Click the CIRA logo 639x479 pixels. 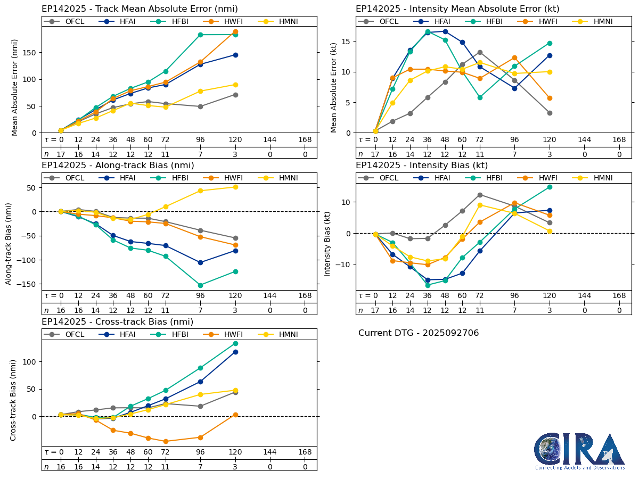[579, 451]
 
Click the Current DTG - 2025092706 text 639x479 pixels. [419, 333]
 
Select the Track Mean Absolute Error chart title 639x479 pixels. [140, 9]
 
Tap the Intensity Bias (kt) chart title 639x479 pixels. [422, 166]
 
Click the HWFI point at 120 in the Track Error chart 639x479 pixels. [235, 32]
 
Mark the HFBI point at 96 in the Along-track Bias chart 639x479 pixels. [200, 285]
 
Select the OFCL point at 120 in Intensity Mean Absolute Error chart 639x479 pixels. [550, 113]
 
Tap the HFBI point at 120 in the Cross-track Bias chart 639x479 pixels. [235, 343]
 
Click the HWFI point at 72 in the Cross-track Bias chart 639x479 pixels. [166, 441]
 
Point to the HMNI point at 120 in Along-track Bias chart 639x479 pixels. [235, 187]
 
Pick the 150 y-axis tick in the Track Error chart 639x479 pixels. [31, 53]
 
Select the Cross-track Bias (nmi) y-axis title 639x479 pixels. [13, 400]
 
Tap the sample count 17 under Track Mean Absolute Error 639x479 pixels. [61, 154]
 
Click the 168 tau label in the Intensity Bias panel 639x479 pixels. [619, 296]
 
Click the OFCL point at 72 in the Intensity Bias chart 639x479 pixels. [480, 195]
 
